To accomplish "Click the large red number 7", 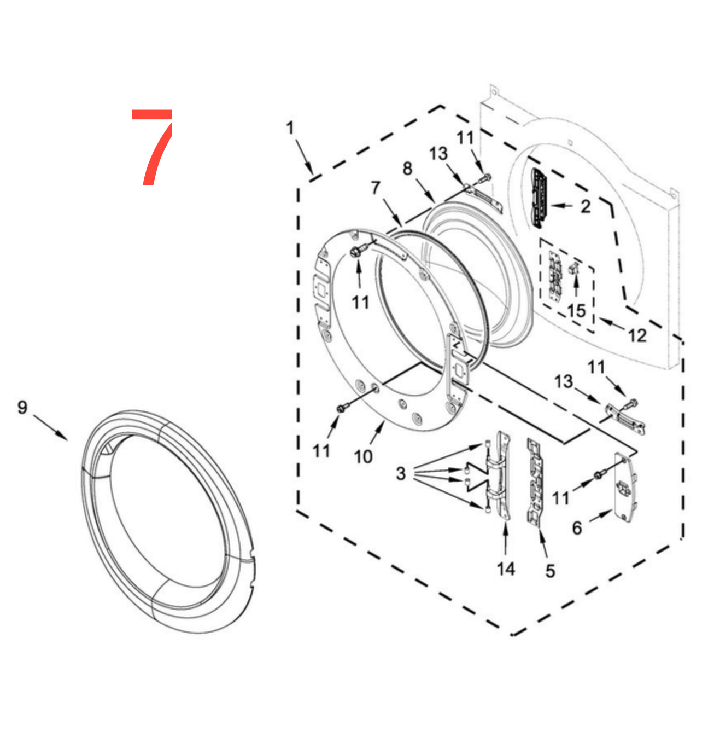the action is (x=152, y=147).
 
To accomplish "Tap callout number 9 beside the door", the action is (x=22, y=407).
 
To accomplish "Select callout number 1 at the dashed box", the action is (x=290, y=127).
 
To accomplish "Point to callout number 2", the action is (x=585, y=206).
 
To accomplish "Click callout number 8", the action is (x=407, y=169).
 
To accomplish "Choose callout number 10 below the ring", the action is (x=363, y=456).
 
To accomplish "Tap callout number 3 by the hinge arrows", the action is (x=401, y=474).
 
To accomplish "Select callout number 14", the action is (x=506, y=569).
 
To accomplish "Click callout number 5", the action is (x=550, y=571).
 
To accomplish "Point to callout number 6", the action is (x=577, y=528).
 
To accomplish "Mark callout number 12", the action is (x=637, y=335).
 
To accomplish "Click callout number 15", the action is (x=577, y=311).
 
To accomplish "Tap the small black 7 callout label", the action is (x=375, y=188).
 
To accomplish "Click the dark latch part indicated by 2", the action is (x=539, y=199).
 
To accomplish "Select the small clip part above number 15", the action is (x=573, y=269).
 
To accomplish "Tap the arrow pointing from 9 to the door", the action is (x=50, y=427).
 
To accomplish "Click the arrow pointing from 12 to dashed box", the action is (x=612, y=324).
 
